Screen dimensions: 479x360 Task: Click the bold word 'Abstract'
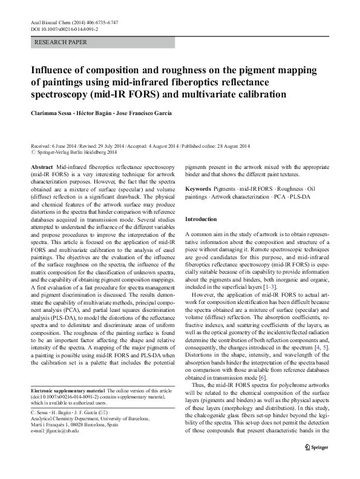pos(42,166)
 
